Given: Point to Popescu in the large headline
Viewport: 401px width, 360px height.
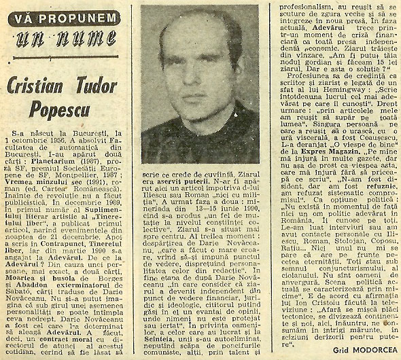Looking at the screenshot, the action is click(x=71, y=110).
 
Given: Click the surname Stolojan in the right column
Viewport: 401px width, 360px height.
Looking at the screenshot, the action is click(x=341, y=255).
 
